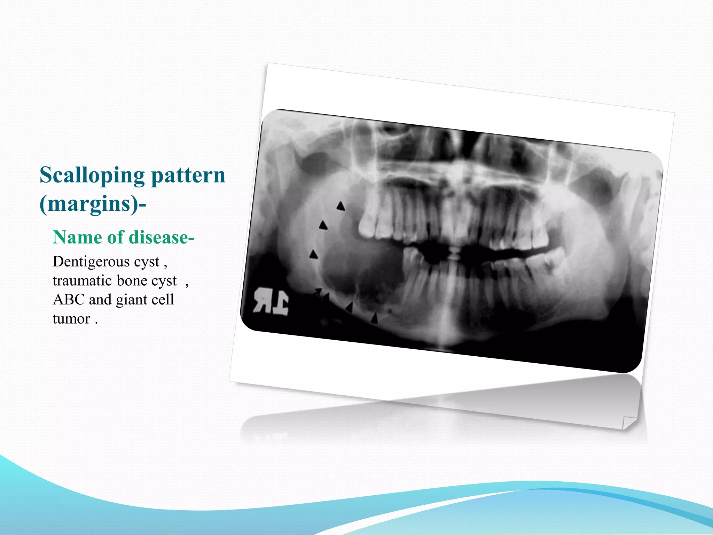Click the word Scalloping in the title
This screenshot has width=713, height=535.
(x=92, y=175)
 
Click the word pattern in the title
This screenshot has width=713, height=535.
(x=188, y=175)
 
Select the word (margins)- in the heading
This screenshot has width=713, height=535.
(x=93, y=204)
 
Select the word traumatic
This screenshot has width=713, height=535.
(x=82, y=281)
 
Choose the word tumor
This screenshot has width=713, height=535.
(x=71, y=319)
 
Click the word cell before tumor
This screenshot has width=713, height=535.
(x=162, y=300)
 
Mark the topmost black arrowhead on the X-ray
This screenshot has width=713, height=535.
(x=340, y=206)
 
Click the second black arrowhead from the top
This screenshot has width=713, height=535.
(x=323, y=226)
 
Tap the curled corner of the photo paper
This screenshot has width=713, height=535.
(x=628, y=422)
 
